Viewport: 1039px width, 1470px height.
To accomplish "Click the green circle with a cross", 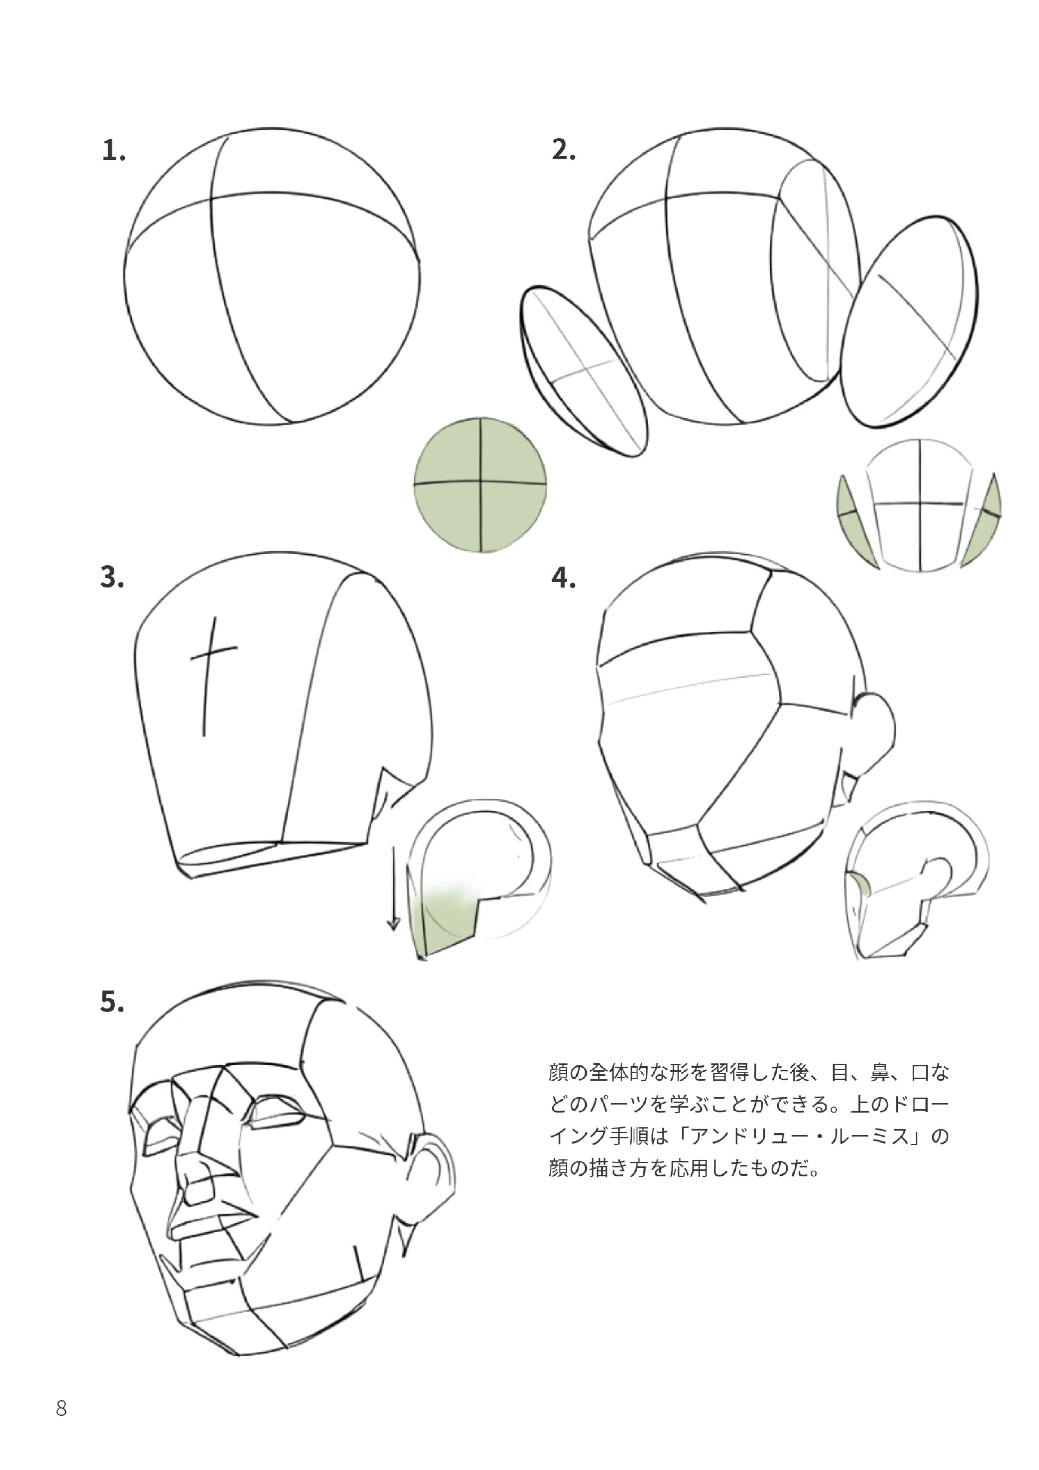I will [x=480, y=485].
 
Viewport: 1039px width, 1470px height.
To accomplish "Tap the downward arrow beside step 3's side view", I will [x=393, y=889].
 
